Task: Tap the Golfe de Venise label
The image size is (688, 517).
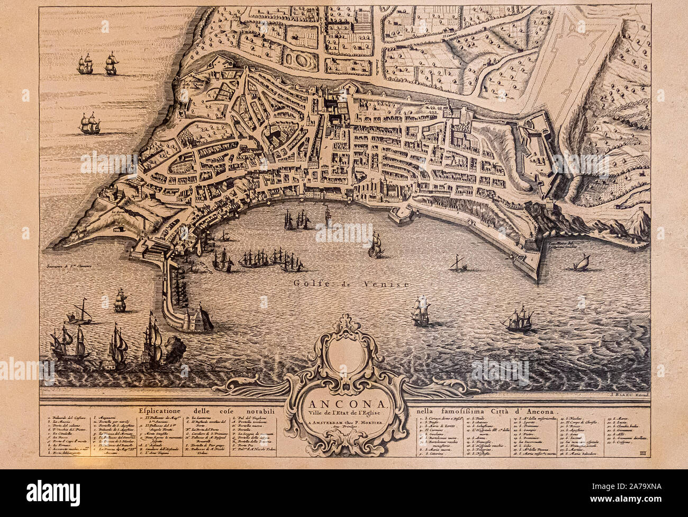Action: pos(351,284)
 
